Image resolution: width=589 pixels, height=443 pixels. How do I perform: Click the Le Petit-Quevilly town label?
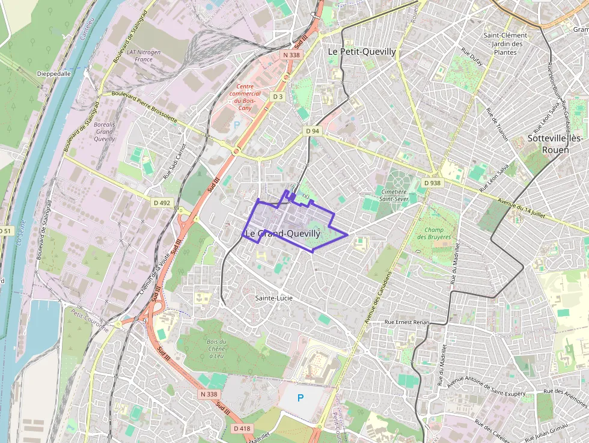tap(362, 52)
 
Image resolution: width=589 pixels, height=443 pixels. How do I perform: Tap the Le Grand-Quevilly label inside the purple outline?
tap(282, 233)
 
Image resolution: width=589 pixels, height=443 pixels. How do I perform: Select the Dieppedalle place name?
tap(54, 73)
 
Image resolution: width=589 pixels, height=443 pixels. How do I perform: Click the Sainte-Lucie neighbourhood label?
tap(273, 298)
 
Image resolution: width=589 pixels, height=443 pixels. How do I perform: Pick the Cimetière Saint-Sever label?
tap(394, 195)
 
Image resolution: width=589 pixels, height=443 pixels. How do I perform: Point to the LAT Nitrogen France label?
tap(144, 56)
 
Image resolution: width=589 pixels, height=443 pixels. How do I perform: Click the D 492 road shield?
tap(162, 203)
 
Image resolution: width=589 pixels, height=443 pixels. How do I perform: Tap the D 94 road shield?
tap(313, 131)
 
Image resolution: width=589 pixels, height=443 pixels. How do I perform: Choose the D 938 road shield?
tap(432, 183)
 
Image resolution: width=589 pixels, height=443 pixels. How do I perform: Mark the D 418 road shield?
tap(242, 429)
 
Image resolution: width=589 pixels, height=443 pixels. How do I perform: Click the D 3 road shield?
tap(278, 96)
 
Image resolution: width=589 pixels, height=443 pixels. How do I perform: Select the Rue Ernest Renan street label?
tap(407, 322)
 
